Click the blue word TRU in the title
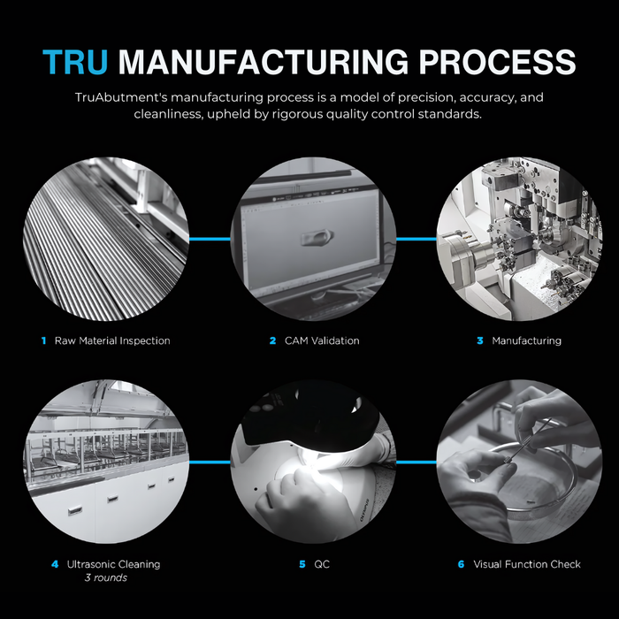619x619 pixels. click(75, 62)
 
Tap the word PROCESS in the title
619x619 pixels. click(497, 62)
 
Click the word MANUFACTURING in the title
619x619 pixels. click(264, 62)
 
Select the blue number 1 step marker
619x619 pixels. click(44, 340)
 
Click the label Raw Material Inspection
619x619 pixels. click(112, 340)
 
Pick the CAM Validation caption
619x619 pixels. click(322, 340)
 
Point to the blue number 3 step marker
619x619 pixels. click(480, 340)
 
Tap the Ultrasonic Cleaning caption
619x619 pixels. click(114, 564)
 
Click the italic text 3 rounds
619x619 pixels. click(106, 577)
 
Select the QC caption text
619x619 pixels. click(322, 564)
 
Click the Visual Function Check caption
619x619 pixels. click(527, 564)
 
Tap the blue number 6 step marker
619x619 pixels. click(461, 564)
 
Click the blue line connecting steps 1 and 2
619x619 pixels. click(210, 239)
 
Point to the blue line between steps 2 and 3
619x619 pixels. click(416, 239)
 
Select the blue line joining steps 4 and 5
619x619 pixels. click(210, 462)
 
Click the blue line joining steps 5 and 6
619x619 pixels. click(416, 462)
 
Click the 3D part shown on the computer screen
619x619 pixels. click(317, 237)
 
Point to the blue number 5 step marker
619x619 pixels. click(302, 564)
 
